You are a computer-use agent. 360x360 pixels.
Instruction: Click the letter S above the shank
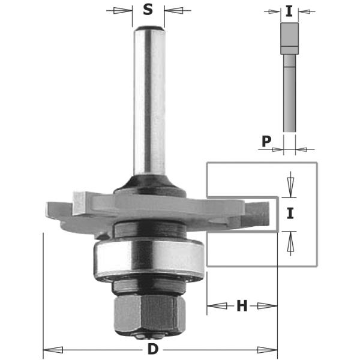148,10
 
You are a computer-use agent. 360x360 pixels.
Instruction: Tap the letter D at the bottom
153,349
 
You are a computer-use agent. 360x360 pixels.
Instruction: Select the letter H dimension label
242,306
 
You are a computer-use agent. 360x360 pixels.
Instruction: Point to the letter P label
266,141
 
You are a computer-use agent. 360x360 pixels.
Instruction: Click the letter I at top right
289,11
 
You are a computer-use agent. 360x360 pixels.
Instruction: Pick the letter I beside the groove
290,213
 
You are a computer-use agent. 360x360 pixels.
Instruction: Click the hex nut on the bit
149,313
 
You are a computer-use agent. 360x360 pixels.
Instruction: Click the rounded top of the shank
149,29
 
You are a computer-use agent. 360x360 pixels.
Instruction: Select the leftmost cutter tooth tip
47,206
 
